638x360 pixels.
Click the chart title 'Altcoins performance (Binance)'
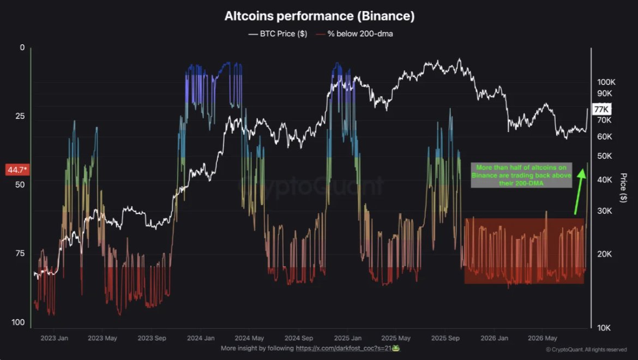click(320, 16)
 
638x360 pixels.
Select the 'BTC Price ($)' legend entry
click(278, 34)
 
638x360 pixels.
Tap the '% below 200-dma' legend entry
click(354, 34)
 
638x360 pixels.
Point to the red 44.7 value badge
click(17, 170)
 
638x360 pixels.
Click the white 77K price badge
click(601, 109)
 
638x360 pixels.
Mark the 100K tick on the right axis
click(606, 82)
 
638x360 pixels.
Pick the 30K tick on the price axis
click(604, 211)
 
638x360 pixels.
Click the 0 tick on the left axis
click(22, 47)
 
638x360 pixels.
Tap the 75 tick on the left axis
click(20, 254)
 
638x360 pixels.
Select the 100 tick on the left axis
click(18, 322)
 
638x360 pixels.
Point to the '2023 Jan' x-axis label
click(54, 338)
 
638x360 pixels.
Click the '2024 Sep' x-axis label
click(299, 338)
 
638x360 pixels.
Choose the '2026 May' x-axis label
click(543, 338)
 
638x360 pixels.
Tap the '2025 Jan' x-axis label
click(347, 338)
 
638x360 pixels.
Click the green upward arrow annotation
click(580, 191)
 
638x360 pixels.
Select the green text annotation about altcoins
click(521, 175)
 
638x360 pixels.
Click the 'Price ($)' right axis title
click(623, 188)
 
